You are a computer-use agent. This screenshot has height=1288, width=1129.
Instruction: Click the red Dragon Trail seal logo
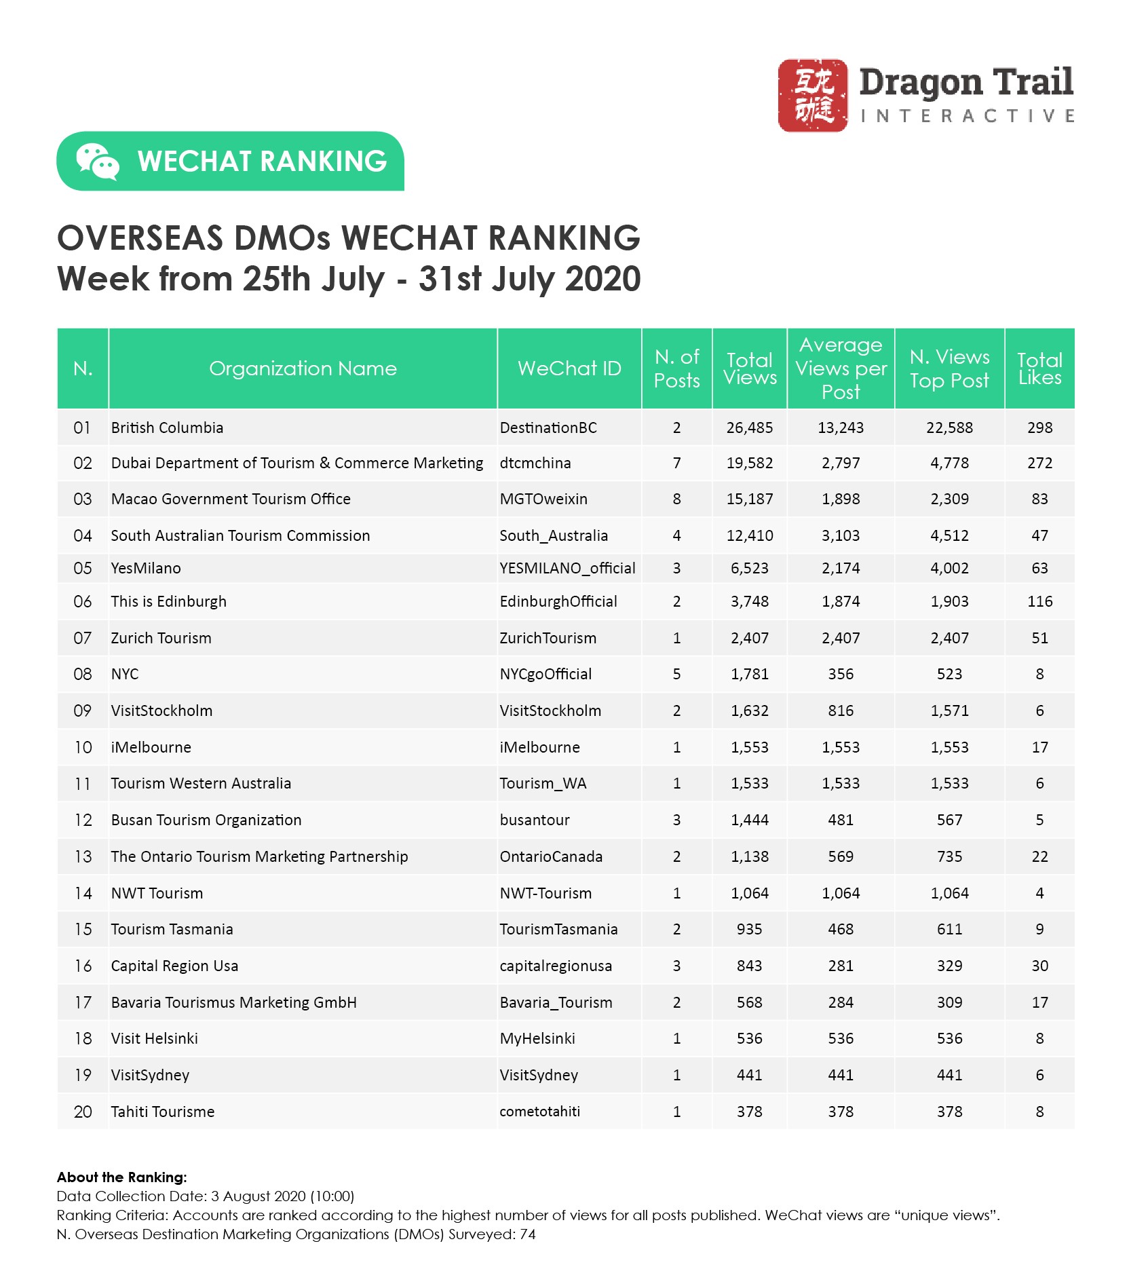pos(812,95)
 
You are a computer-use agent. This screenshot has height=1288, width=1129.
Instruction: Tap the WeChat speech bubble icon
pos(97,162)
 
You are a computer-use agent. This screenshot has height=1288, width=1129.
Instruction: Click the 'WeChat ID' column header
pos(569,368)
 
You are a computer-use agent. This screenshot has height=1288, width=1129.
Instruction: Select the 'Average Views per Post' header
pos(841,368)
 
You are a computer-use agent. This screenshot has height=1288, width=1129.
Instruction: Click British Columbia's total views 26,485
pos(749,428)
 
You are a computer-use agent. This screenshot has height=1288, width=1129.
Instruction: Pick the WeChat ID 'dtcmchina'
pos(535,463)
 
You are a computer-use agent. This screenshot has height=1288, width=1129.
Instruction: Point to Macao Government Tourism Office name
pos(231,499)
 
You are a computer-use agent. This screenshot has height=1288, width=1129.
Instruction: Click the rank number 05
pos(82,568)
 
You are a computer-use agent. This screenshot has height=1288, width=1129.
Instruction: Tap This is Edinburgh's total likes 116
pos(1039,601)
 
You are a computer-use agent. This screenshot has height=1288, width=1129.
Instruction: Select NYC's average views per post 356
pos(841,674)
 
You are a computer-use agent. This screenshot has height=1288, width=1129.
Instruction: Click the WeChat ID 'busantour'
pos(535,820)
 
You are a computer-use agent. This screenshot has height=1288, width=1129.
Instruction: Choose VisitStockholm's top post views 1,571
pos(949,711)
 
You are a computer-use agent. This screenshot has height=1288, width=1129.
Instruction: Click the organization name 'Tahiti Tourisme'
pos(163,1112)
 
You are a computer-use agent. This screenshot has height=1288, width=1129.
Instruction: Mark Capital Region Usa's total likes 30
pos(1039,966)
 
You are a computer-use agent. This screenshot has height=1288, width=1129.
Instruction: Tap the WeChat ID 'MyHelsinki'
pos(537,1038)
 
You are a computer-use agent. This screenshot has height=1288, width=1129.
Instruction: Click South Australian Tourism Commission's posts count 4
pos(676,535)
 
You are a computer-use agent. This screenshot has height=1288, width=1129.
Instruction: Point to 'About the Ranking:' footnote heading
pos(122,1177)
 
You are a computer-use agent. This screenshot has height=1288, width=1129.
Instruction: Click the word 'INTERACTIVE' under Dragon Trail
pos(967,116)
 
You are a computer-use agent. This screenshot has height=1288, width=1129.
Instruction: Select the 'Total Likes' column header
pos(1039,368)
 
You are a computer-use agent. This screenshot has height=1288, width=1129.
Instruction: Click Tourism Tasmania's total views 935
pos(749,929)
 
